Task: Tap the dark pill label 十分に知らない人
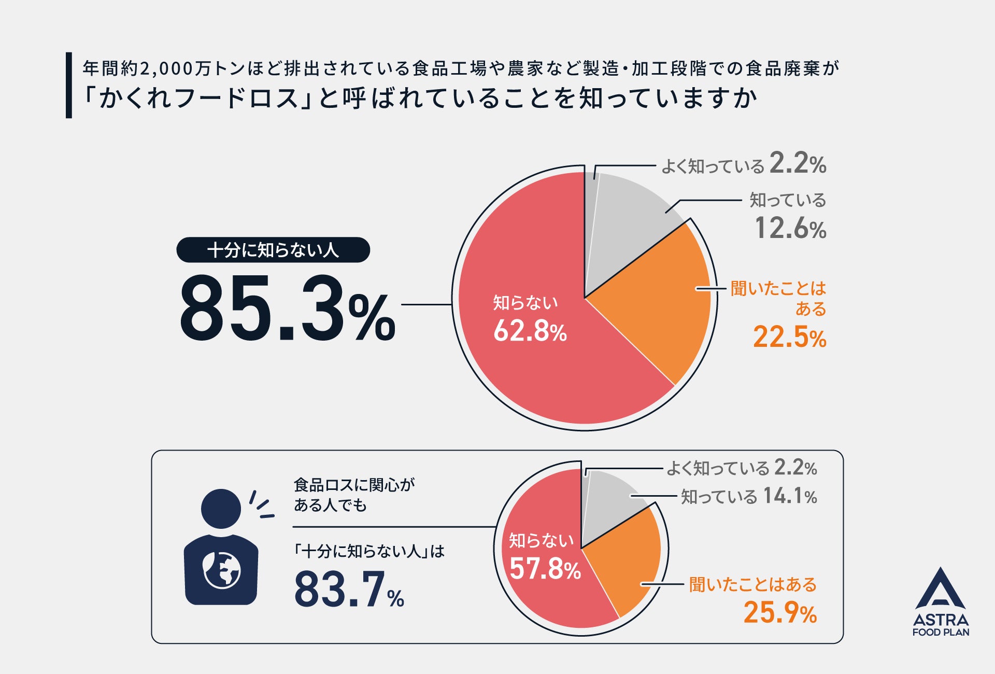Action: click(x=273, y=250)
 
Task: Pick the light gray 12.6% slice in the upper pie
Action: click(x=627, y=223)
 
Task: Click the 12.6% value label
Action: click(x=790, y=228)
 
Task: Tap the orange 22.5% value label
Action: click(x=790, y=337)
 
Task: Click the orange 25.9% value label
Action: click(x=780, y=612)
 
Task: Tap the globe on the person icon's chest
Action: click(x=221, y=570)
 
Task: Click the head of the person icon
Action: click(x=221, y=509)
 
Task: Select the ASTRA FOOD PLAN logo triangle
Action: click(x=940, y=588)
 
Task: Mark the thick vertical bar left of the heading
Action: click(x=69, y=85)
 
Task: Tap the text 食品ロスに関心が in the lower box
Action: click(x=354, y=485)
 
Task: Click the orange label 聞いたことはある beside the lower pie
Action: click(x=753, y=584)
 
